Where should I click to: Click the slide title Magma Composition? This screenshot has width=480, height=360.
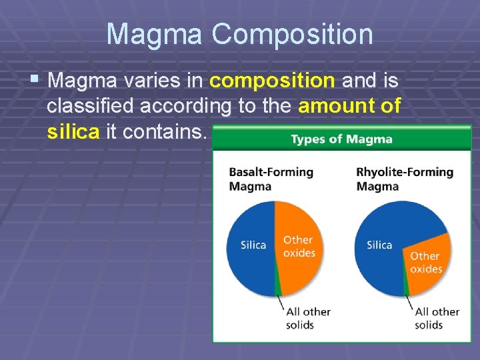pos(239,34)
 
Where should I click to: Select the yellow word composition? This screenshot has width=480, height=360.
pos(272,81)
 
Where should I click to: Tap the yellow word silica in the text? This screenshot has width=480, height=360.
pos(73,132)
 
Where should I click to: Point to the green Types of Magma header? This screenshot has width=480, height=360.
pos(341,139)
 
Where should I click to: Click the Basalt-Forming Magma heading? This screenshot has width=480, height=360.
pos(271,179)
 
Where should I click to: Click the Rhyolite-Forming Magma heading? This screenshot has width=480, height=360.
pos(405,179)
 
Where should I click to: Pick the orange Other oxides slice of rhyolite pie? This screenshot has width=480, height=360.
pos(427,260)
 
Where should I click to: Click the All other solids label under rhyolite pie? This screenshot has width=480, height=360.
pos(437,318)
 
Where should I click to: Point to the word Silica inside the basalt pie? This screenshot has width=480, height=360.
pos(253,245)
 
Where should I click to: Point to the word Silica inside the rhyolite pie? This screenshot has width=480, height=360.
pos(379,245)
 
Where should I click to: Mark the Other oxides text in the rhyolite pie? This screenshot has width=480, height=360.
pos(426,262)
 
